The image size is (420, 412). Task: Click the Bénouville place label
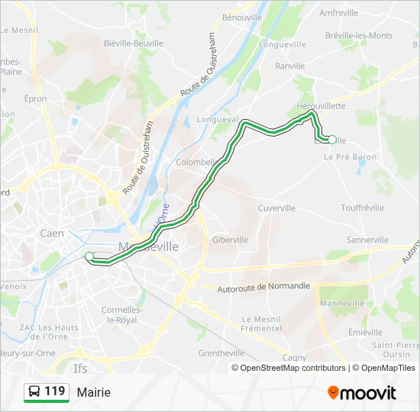(x=241, y=16)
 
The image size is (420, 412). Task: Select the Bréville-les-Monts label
(x=358, y=35)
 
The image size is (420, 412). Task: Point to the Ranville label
(x=289, y=66)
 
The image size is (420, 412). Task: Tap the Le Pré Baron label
(x=351, y=156)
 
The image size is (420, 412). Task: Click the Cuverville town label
(x=276, y=208)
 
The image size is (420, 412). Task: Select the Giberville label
(x=230, y=239)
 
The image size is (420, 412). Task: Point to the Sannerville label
(x=368, y=239)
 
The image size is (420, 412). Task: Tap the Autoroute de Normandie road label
(x=263, y=286)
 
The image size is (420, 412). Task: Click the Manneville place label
(x=343, y=303)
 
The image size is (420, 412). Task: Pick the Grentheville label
(x=221, y=353)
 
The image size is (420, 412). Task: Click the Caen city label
(x=52, y=233)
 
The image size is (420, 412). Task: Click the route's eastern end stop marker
(x=331, y=140)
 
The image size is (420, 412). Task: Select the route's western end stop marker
(x=89, y=256)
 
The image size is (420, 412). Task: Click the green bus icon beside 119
(x=34, y=392)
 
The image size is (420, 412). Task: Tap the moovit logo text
(x=368, y=393)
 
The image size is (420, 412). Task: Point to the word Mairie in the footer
(x=93, y=392)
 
